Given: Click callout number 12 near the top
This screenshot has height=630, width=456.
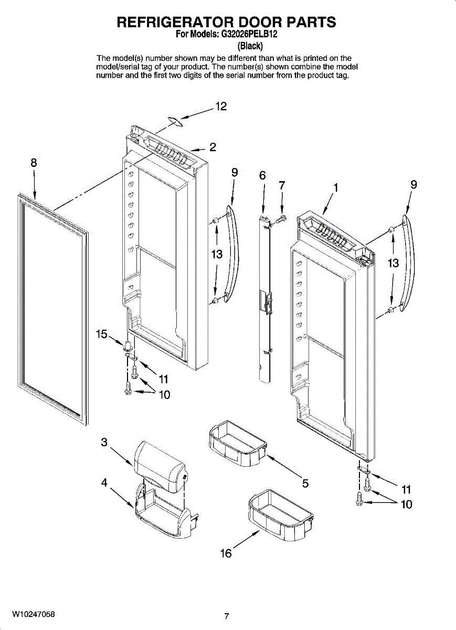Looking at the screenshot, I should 221,107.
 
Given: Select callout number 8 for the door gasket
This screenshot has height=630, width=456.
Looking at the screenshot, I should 34,163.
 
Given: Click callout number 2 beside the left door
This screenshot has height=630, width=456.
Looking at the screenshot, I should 213,147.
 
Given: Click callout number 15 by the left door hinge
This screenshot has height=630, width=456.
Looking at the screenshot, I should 102,333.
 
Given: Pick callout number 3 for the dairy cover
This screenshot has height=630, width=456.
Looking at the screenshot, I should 104,442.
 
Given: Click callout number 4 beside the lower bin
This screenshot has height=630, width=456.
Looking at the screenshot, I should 104,483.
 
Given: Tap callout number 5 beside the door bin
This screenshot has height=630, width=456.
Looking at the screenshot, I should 305,483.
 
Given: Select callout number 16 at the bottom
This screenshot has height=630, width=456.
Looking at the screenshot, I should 226,553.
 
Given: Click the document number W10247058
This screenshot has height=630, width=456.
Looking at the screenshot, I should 34,614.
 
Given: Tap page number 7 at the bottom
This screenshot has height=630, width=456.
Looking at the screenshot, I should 226,616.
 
